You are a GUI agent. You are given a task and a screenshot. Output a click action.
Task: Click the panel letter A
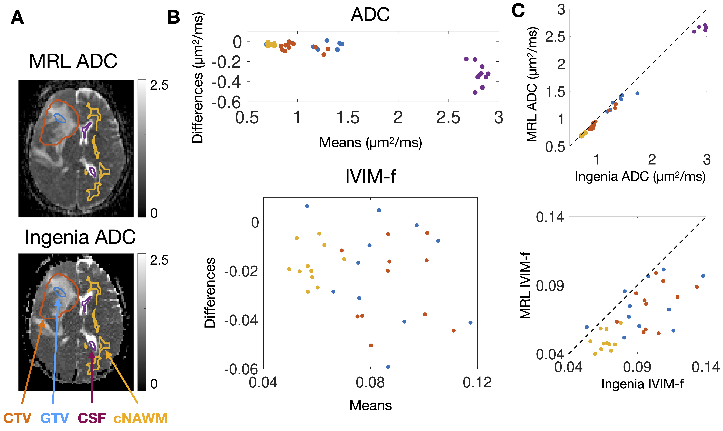tap(17, 18)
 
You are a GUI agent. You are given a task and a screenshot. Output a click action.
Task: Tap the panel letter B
tap(174, 18)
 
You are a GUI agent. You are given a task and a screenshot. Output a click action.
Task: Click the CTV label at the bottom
tap(17, 418)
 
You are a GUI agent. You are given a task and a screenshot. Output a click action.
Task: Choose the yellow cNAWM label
tap(140, 418)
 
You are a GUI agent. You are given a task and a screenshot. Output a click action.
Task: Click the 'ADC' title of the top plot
tap(370, 15)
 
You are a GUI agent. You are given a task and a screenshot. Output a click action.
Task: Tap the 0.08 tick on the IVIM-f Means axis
tap(370, 383)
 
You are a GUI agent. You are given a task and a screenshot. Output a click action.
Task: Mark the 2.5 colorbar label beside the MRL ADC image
tap(159, 85)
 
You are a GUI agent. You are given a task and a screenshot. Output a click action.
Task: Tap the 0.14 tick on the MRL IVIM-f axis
tap(550, 217)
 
